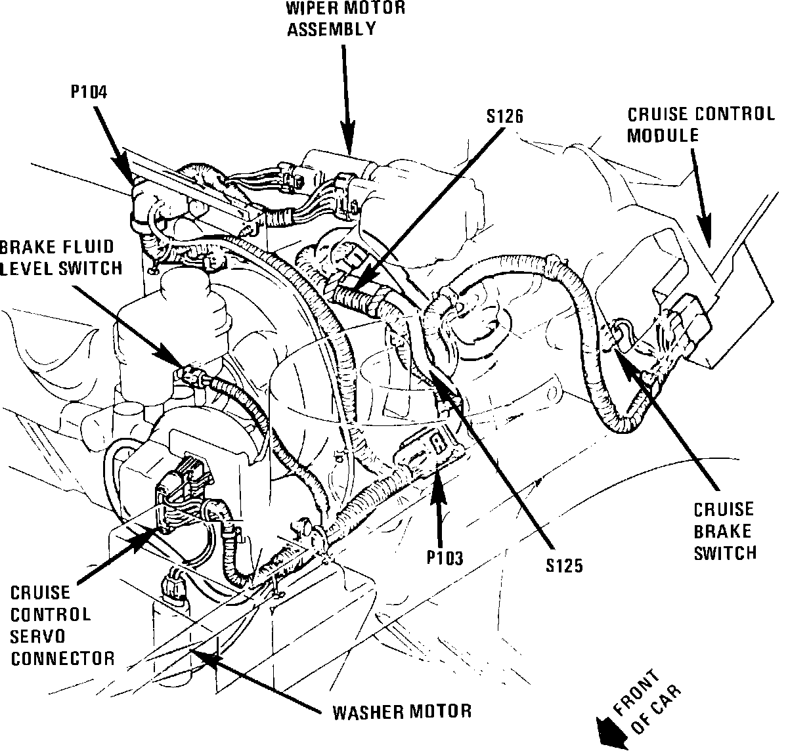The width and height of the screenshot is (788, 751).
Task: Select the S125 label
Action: pyautogui.click(x=563, y=565)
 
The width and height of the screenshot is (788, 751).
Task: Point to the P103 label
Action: pyautogui.click(x=445, y=558)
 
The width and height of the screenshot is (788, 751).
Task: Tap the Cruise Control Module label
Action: pyautogui.click(x=700, y=124)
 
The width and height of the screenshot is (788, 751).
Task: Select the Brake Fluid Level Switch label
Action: pyautogui.click(x=61, y=257)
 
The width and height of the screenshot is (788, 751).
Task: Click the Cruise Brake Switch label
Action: pyautogui.click(x=725, y=532)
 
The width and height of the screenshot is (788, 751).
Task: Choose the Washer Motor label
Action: pyautogui.click(x=402, y=711)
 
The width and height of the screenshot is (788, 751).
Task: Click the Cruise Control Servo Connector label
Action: pyautogui.click(x=62, y=625)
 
